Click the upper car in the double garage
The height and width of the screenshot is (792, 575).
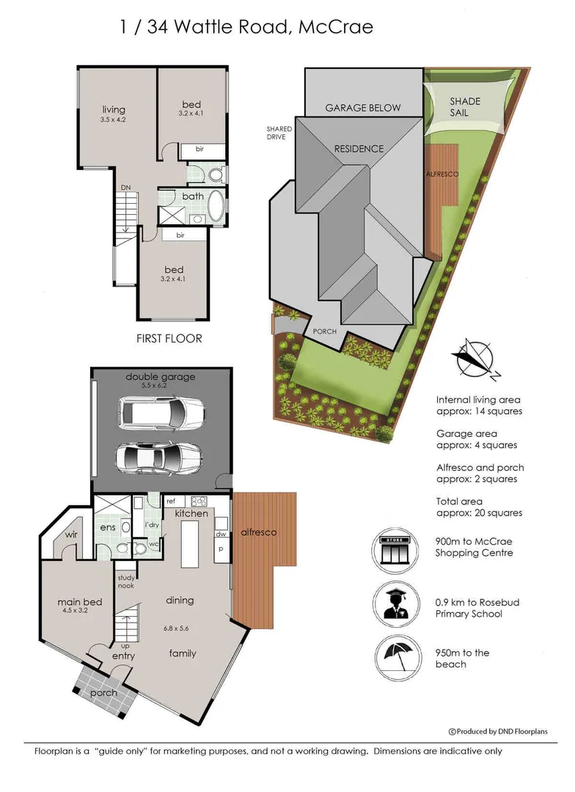click(x=161, y=413)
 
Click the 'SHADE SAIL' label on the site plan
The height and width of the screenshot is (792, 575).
click(x=464, y=107)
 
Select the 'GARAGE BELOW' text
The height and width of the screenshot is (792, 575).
click(x=363, y=108)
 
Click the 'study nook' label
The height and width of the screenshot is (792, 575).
click(x=126, y=582)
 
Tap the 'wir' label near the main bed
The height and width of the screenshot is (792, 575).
click(x=70, y=535)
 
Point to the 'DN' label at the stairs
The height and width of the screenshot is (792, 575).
click(x=125, y=188)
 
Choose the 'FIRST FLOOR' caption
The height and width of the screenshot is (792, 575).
click(x=169, y=338)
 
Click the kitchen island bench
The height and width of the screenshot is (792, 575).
click(x=189, y=544)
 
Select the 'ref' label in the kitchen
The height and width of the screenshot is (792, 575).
click(x=171, y=502)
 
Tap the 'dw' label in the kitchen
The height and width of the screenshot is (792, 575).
click(x=221, y=534)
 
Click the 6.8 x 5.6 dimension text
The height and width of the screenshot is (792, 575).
click(x=176, y=628)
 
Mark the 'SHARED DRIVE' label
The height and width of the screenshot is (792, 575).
click(x=279, y=133)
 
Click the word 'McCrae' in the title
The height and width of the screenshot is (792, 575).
click(x=336, y=27)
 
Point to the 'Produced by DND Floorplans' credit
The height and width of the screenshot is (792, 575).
click(x=498, y=731)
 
